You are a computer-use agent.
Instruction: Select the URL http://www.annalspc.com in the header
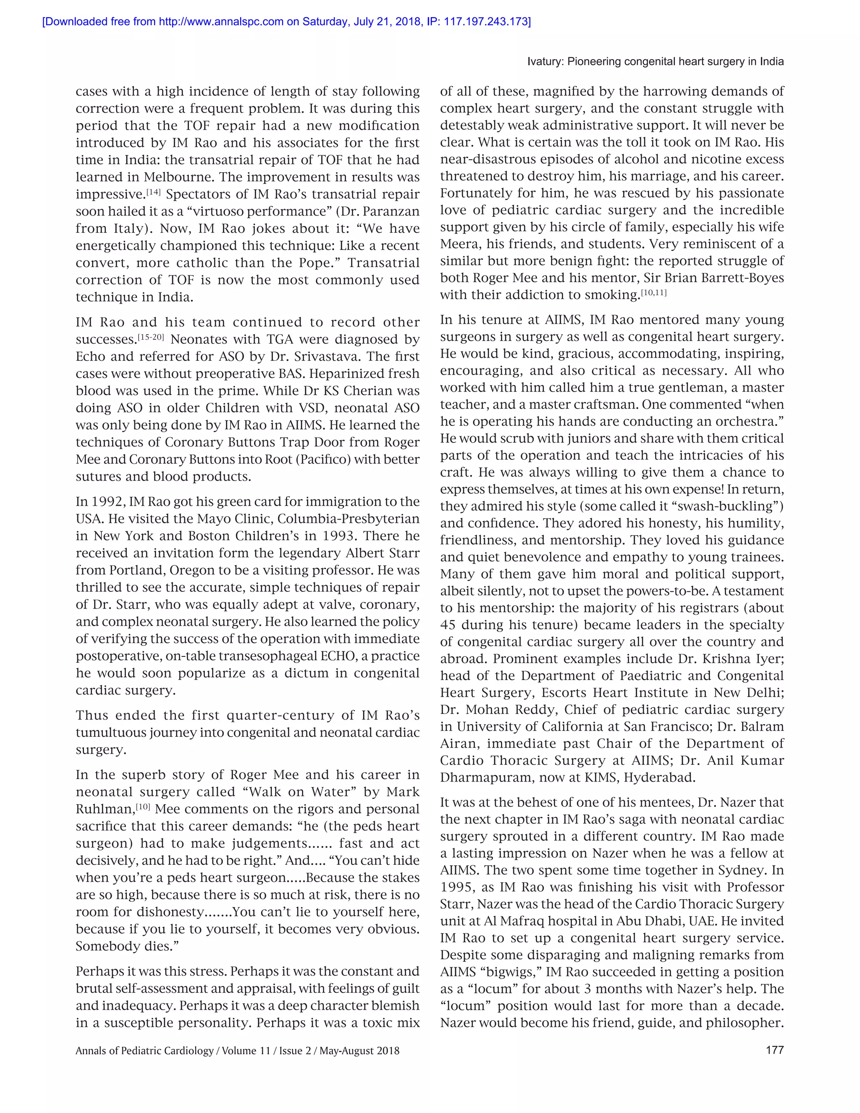click(221, 22)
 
